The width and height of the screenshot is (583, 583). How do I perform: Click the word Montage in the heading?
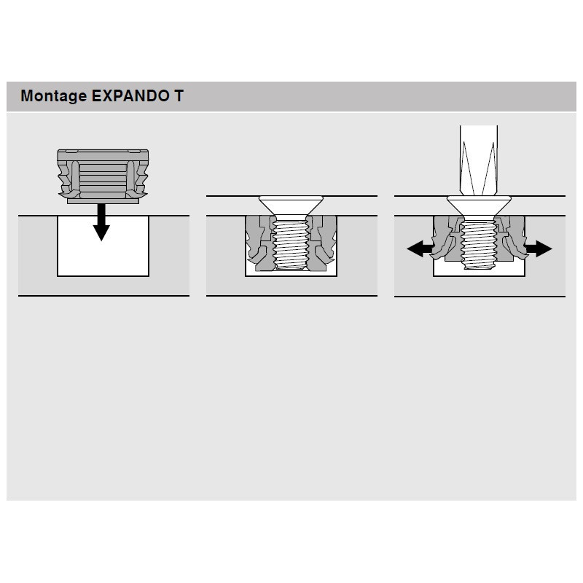53,96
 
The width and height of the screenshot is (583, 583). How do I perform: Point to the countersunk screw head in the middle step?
291,204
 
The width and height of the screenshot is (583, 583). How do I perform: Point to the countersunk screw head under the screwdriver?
478,206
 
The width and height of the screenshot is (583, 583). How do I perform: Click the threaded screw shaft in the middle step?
291,244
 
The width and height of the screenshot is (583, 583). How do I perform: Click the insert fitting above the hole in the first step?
103,175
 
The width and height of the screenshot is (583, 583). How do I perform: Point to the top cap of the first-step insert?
103,154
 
